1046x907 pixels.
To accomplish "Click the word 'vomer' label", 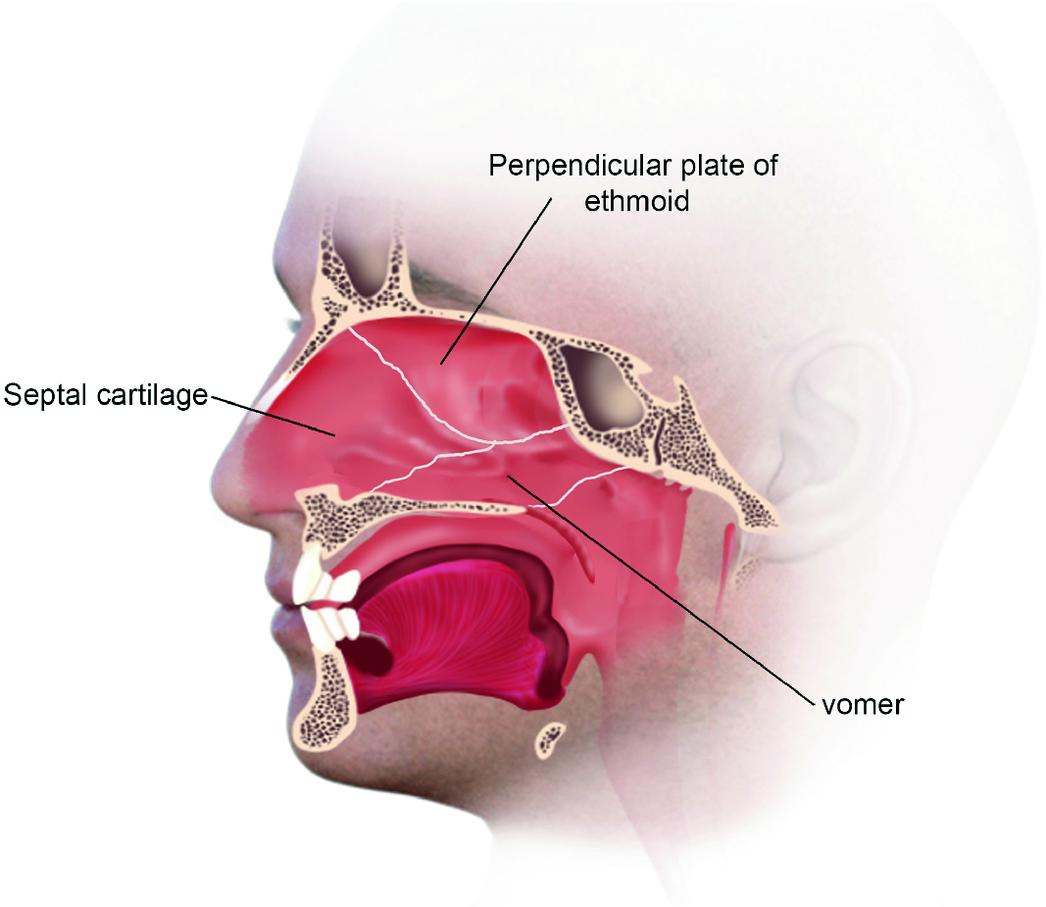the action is [862, 705].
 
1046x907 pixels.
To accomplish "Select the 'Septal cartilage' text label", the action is [106, 395].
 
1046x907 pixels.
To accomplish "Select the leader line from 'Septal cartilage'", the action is [274, 414].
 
